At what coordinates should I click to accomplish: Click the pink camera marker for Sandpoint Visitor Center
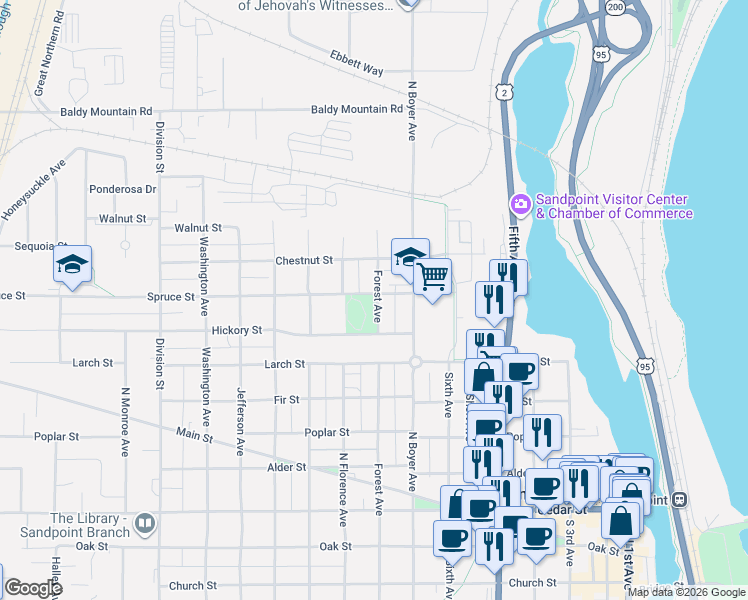pyautogui.click(x=520, y=205)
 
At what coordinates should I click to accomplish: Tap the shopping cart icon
pyautogui.click(x=432, y=276)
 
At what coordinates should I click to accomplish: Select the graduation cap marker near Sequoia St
pyautogui.click(x=72, y=264)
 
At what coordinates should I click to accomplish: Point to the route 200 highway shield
pyautogui.click(x=617, y=7)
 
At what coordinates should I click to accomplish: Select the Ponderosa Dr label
pyautogui.click(x=123, y=188)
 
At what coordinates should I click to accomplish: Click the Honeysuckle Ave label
pyautogui.click(x=34, y=187)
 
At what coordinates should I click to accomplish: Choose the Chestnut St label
pyautogui.click(x=304, y=260)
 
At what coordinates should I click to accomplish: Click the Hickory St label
pyautogui.click(x=237, y=329)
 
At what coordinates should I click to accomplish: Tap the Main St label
pyautogui.click(x=195, y=435)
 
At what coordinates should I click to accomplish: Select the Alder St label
pyautogui.click(x=286, y=467)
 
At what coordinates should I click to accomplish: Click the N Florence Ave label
pyautogui.click(x=343, y=489)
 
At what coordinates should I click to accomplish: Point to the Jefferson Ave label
pyautogui.click(x=240, y=421)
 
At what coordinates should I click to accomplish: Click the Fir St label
pyautogui.click(x=287, y=399)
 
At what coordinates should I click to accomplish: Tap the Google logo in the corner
pyautogui.click(x=34, y=588)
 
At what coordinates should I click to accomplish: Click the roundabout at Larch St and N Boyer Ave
pyautogui.click(x=414, y=363)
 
